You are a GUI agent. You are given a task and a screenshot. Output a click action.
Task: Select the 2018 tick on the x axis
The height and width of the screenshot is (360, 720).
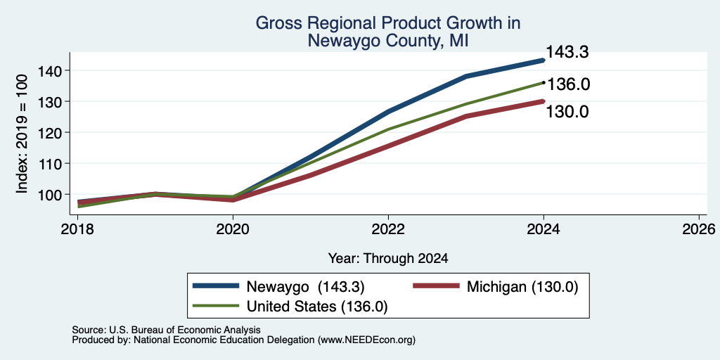[78, 229]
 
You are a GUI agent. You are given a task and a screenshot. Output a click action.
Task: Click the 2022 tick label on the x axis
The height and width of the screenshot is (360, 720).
[388, 229]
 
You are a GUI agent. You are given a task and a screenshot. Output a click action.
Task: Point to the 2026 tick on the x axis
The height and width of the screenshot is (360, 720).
[699, 229]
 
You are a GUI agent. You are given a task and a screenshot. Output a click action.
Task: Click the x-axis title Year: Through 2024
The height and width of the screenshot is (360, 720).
[388, 259]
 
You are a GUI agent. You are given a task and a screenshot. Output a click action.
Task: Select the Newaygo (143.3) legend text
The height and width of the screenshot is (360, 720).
[306, 287]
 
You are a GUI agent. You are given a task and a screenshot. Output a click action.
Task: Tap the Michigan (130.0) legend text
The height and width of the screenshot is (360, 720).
[522, 287]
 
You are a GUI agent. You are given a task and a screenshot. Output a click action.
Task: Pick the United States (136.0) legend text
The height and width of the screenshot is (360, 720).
[317, 307]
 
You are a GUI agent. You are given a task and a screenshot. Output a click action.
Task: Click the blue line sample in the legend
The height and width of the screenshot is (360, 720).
[217, 286]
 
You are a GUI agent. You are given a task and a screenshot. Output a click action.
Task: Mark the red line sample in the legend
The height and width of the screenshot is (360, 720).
[436, 286]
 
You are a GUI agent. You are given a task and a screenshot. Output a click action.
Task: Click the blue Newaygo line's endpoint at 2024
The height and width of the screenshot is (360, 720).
[544, 60]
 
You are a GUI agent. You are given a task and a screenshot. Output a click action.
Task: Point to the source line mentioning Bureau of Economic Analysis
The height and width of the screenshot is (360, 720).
[166, 330]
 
